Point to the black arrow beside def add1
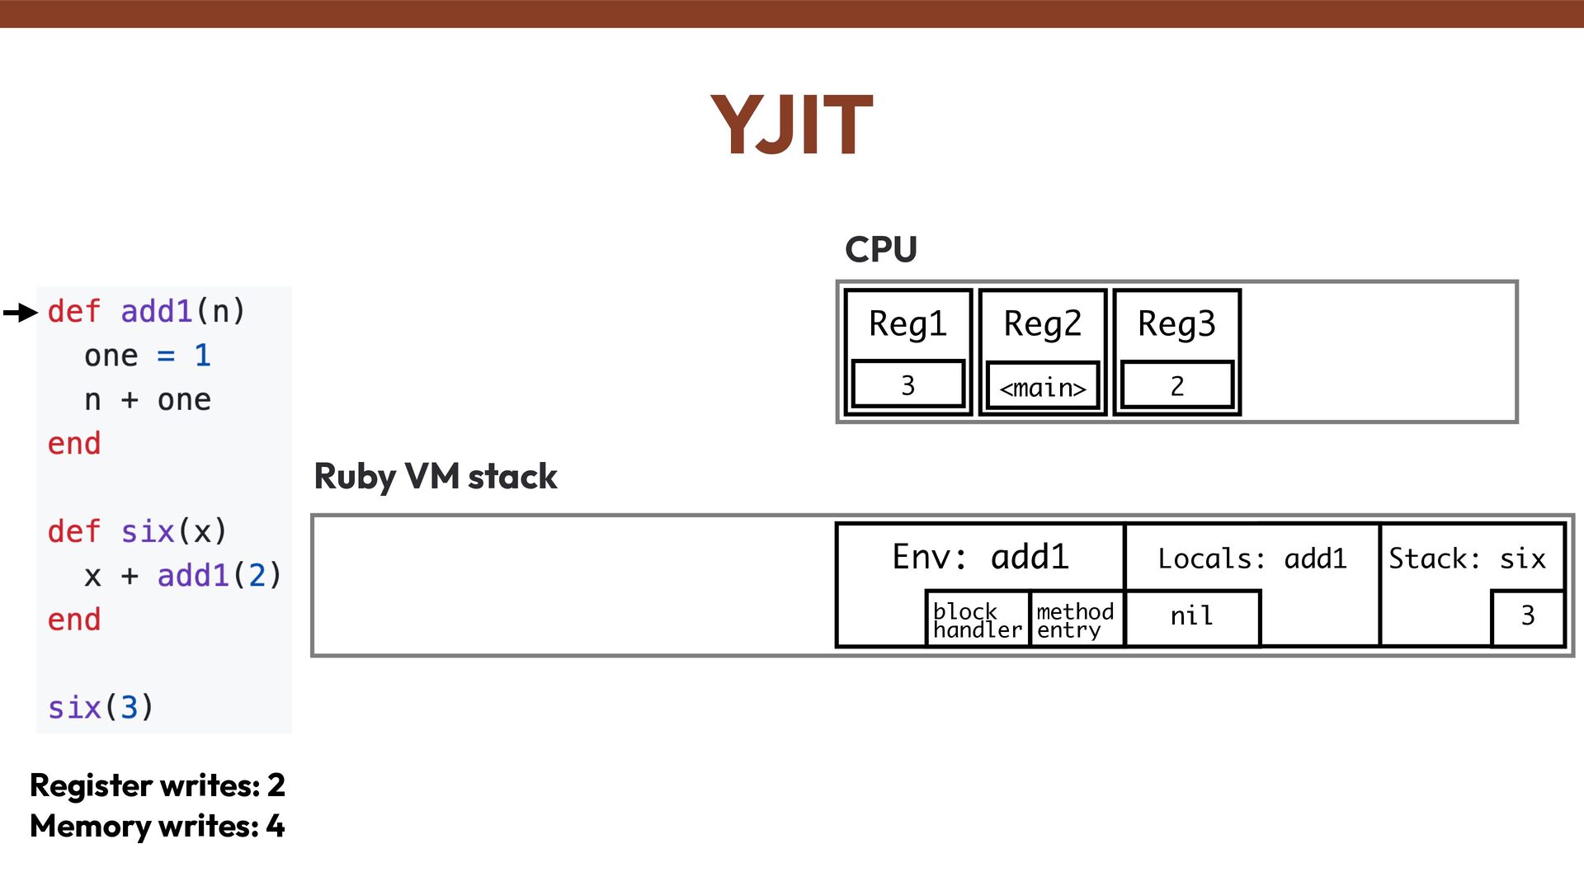(x=21, y=313)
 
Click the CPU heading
(x=880, y=249)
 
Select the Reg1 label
(x=907, y=324)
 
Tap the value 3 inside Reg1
(x=907, y=385)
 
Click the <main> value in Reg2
(x=1043, y=387)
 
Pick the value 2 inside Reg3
(x=1176, y=386)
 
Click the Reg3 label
(x=1176, y=324)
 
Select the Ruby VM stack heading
(x=436, y=477)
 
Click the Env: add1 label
(x=980, y=558)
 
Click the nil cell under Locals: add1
(x=1191, y=616)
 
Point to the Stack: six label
(x=1467, y=559)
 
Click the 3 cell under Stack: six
(x=1527, y=616)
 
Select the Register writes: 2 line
(x=158, y=785)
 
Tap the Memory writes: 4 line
(x=158, y=826)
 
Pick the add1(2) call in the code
(x=219, y=576)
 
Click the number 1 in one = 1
(x=202, y=356)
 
